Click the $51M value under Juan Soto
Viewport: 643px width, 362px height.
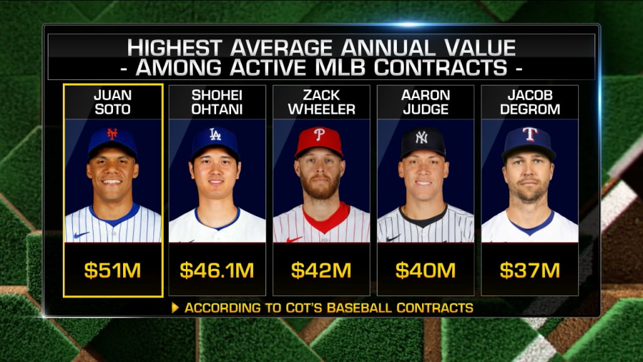[113, 271]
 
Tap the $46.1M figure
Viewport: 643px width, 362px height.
[217, 271]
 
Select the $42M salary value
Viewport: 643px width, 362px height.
[321, 271]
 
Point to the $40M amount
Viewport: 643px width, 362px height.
[425, 271]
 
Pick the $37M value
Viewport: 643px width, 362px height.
[529, 271]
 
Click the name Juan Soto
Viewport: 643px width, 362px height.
[113, 103]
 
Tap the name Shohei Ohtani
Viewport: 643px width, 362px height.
[217, 103]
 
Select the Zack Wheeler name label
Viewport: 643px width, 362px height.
[321, 103]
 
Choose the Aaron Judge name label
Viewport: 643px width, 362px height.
[425, 103]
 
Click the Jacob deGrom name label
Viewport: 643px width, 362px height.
[529, 103]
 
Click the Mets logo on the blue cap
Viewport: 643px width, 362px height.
[112, 134]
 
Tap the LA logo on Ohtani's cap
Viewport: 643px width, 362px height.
[215, 134]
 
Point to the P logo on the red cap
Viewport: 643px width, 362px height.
[319, 135]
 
